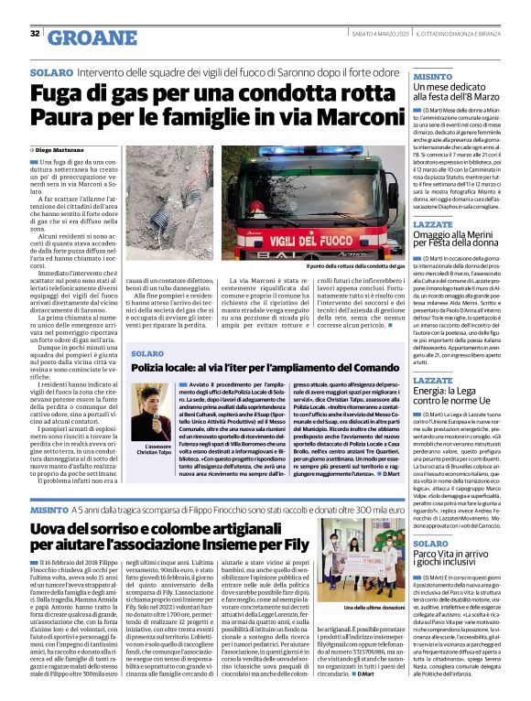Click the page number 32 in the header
coord(35,35)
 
